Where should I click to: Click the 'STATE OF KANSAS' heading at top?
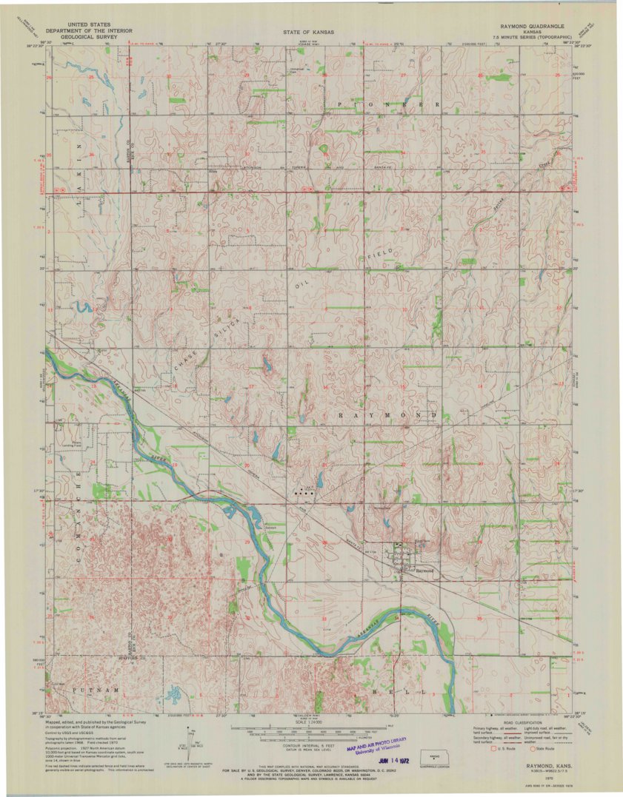307,33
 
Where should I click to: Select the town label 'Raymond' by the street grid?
424,571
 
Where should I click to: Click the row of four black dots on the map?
304,491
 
